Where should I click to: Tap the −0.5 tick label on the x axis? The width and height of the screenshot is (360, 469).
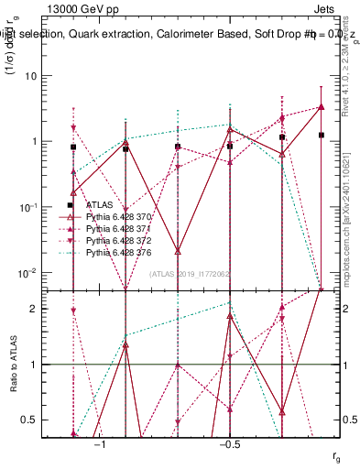point(229,444)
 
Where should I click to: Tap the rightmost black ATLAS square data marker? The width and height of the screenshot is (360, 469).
point(322,135)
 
